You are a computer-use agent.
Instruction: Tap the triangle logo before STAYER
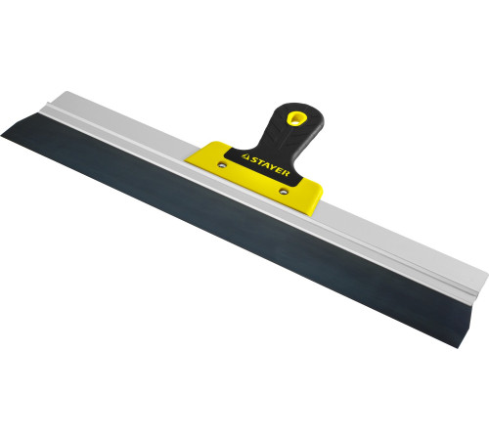(x=244, y=156)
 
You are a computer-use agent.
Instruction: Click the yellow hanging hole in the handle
(x=294, y=117)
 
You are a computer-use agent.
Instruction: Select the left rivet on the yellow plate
(x=222, y=164)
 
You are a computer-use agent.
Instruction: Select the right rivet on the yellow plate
(x=283, y=192)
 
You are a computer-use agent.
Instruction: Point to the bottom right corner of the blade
(x=459, y=347)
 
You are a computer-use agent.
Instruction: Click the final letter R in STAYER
(x=287, y=173)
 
